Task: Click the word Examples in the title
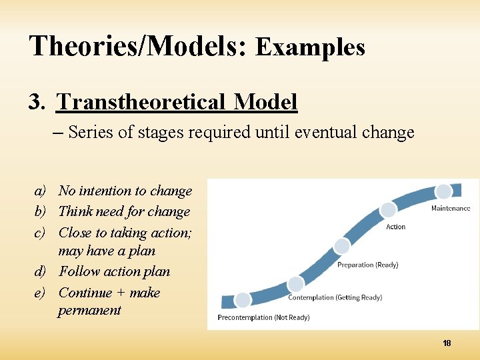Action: point(310,47)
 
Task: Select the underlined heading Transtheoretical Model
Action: point(177,102)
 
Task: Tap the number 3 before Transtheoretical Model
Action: point(36,102)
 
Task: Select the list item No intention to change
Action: point(125,191)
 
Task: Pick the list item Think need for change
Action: point(124,211)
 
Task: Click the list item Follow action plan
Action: point(114,271)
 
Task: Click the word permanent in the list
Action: point(89,310)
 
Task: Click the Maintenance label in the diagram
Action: point(450,208)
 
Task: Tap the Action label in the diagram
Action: point(395,227)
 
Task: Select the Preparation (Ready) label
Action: point(367,265)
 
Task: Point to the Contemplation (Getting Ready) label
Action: point(335,297)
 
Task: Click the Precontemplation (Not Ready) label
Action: point(263,317)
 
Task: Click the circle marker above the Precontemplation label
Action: point(243,299)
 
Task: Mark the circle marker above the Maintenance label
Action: point(443,192)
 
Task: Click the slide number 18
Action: point(447,343)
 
